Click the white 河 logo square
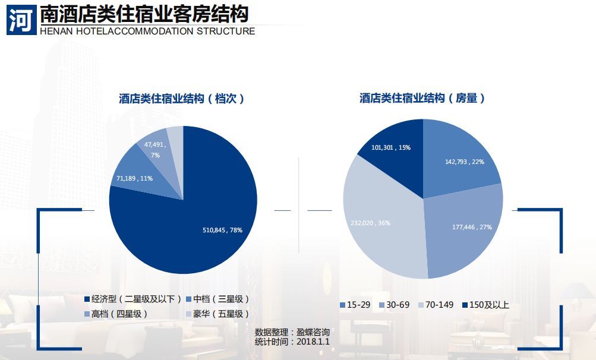pos(20,20)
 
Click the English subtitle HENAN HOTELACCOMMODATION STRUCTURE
pos(147,31)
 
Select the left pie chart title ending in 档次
pos(181,99)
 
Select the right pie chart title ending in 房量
pos(422,99)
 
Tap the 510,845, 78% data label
pos(223,229)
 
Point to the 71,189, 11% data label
pos(134,178)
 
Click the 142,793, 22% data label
pos(465,162)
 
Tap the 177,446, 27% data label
pos(472,227)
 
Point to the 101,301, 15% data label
pos(390,147)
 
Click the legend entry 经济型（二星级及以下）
pos(133,299)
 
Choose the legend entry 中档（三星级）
pos(217,299)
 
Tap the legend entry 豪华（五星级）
pos(217,314)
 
